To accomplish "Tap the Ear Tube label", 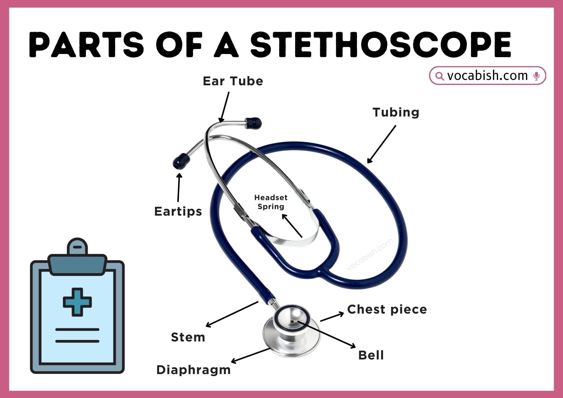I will (233, 81).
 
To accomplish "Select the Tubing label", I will (396, 112).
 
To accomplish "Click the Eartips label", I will (178, 211).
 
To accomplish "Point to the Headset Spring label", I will (271, 202).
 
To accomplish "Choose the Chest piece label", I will (387, 309).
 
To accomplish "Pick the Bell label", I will (371, 355).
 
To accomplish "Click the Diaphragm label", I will (193, 370).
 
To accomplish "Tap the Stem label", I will (188, 337).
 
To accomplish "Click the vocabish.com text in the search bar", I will (487, 76).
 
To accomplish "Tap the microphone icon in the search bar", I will (537, 76).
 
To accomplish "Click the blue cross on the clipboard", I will (77, 302).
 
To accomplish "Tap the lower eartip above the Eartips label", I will (181, 161).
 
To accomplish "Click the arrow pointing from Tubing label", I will (381, 144).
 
